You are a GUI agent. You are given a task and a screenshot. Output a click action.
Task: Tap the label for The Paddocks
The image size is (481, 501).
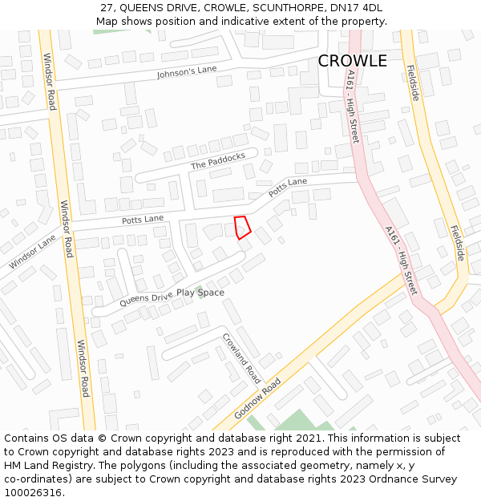click(217, 162)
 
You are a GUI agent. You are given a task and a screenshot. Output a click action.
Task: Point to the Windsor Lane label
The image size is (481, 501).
click(33, 252)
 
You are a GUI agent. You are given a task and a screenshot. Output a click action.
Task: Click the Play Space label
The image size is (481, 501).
click(200, 293)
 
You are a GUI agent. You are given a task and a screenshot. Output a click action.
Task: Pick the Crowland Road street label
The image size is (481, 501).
click(241, 358)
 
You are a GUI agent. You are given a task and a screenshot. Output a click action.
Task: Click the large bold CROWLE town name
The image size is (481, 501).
click(352, 61)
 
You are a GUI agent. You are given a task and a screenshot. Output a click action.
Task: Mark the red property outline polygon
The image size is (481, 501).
click(242, 226)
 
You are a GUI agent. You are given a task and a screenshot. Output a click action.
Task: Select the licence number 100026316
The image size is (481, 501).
click(33, 493)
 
